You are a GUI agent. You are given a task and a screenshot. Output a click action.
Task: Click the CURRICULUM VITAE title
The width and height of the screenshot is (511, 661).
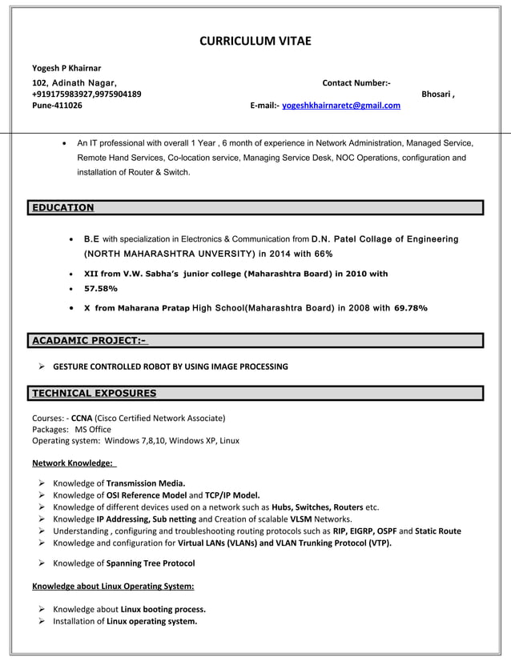[255, 41]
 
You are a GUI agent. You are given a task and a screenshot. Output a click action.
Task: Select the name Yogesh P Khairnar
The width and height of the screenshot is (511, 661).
[66, 67]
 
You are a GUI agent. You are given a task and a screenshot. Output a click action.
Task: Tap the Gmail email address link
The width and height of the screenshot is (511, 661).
[341, 105]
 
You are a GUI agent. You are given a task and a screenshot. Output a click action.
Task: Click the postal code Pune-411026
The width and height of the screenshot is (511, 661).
[57, 105]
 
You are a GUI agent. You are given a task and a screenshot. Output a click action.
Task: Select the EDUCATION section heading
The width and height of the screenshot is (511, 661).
[62, 208]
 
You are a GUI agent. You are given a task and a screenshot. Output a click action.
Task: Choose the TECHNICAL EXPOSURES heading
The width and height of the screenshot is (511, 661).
[94, 393]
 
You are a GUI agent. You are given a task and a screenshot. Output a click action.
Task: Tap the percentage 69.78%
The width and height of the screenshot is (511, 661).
[411, 307]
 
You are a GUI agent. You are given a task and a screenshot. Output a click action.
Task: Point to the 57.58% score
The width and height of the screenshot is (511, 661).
[101, 288]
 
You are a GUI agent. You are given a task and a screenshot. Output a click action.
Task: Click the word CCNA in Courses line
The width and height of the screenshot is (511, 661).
[82, 418]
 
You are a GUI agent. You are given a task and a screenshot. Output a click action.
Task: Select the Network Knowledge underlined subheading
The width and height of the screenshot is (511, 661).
[73, 463]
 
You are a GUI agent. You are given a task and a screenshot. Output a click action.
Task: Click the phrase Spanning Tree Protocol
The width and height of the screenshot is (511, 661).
[151, 563]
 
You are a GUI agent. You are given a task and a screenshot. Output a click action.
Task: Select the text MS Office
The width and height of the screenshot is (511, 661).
[93, 429]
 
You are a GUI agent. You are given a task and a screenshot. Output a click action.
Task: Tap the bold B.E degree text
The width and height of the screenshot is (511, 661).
[92, 238]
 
